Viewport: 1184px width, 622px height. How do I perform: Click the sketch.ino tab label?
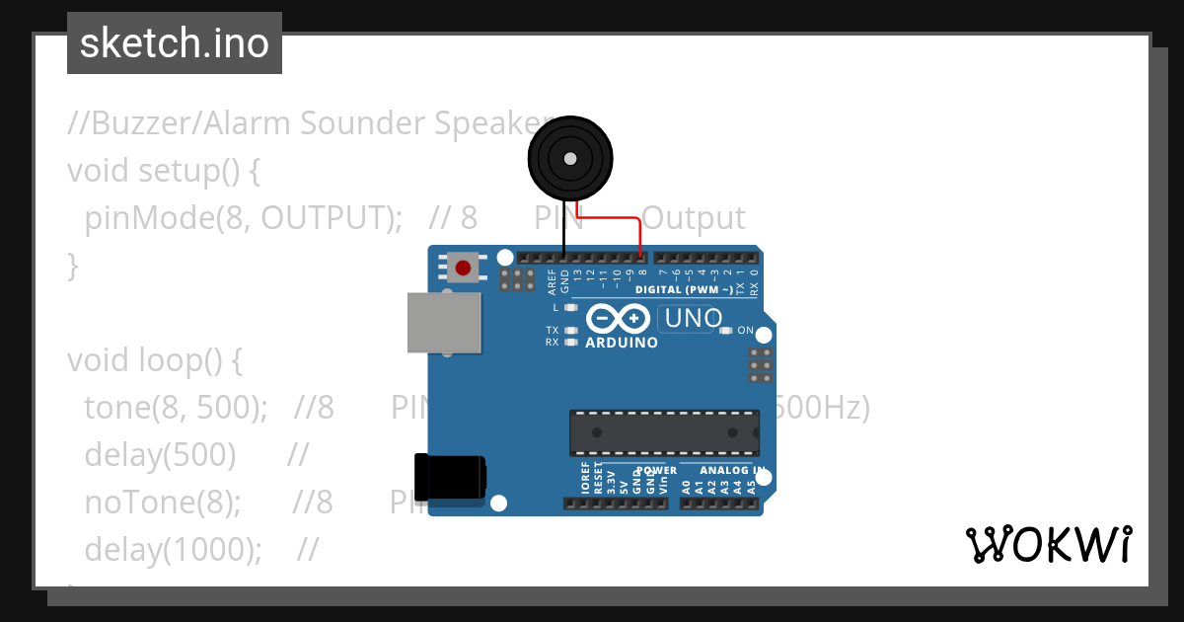tap(175, 43)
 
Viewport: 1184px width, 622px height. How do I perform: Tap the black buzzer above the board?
tap(569, 159)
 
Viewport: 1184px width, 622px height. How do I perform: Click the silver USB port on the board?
tap(445, 322)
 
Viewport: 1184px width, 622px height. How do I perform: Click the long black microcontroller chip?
tap(664, 433)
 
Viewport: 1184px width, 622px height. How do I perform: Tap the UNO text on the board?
tap(694, 319)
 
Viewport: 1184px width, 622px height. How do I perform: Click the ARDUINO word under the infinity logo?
tap(622, 343)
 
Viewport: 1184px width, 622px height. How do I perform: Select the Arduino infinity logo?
tap(618, 319)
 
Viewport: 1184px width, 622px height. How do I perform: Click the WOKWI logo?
tap(1048, 544)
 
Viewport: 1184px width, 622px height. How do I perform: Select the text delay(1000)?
tap(173, 549)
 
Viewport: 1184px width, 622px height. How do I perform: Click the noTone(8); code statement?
tap(163, 503)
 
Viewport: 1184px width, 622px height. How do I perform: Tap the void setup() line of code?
tap(164, 171)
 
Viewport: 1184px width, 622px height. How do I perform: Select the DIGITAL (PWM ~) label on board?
tap(684, 289)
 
